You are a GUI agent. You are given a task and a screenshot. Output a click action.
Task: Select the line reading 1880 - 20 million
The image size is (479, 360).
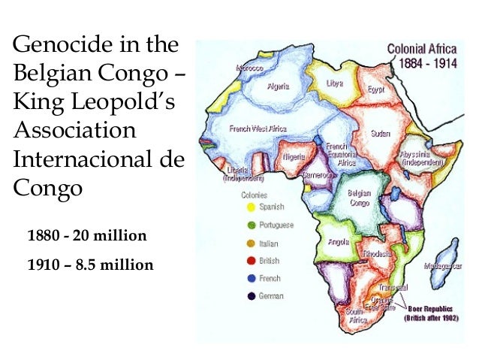pos(86,236)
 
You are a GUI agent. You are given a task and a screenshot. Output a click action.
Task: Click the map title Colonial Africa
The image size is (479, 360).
pos(426,49)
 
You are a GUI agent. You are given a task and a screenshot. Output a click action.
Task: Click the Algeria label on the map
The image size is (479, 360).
pos(282,87)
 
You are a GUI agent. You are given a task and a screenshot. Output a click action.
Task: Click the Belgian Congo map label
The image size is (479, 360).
pos(359,197)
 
